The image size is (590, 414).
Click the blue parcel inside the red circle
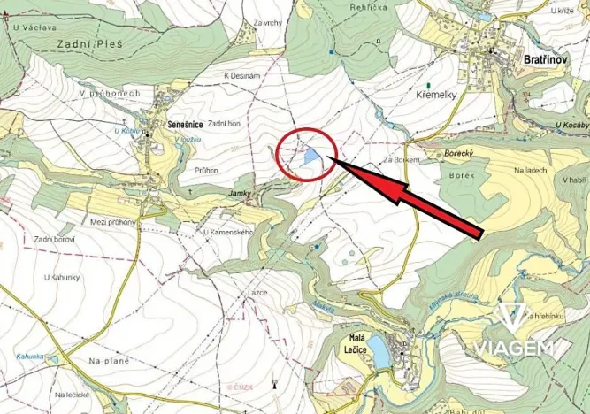310,157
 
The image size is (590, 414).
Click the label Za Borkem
398,159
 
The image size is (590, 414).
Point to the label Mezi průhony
112,221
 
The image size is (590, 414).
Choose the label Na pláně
108,361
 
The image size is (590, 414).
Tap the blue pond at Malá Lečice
379,351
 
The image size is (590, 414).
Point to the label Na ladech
532,170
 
